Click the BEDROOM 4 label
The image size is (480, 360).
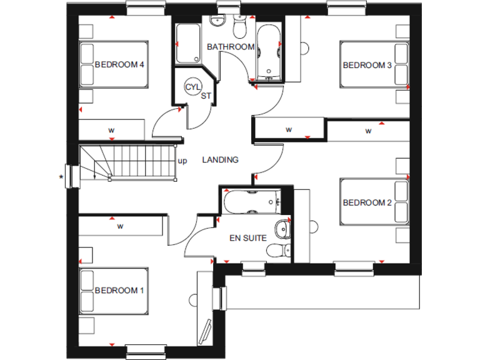coord(119,64)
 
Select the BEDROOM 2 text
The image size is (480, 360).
coord(367,202)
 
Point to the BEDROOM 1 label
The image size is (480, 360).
coord(119,291)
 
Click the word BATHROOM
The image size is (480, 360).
coord(231,47)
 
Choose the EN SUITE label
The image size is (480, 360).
coord(248,237)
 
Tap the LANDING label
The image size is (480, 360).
coord(220,160)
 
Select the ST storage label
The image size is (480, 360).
coord(206,96)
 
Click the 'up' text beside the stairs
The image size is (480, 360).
coord(182,161)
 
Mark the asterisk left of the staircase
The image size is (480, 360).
coord(61,177)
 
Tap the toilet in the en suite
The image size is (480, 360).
coord(277,251)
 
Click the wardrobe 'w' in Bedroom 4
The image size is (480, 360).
coord(111,130)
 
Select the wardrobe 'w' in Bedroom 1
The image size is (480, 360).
coord(119,226)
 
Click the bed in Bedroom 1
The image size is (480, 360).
coord(114,291)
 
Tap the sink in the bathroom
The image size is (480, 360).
coord(217,22)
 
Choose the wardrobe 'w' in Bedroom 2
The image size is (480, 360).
coord(368,131)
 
